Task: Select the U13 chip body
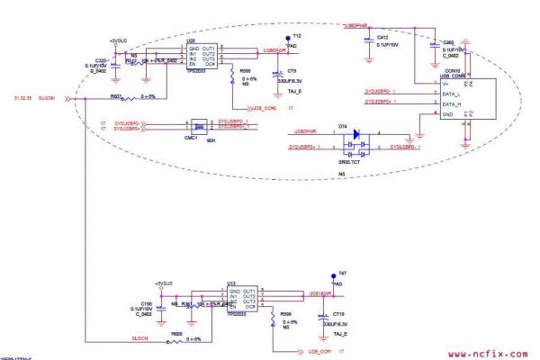click(x=238, y=300)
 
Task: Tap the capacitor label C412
click(x=382, y=37)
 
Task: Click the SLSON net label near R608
click(x=139, y=338)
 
